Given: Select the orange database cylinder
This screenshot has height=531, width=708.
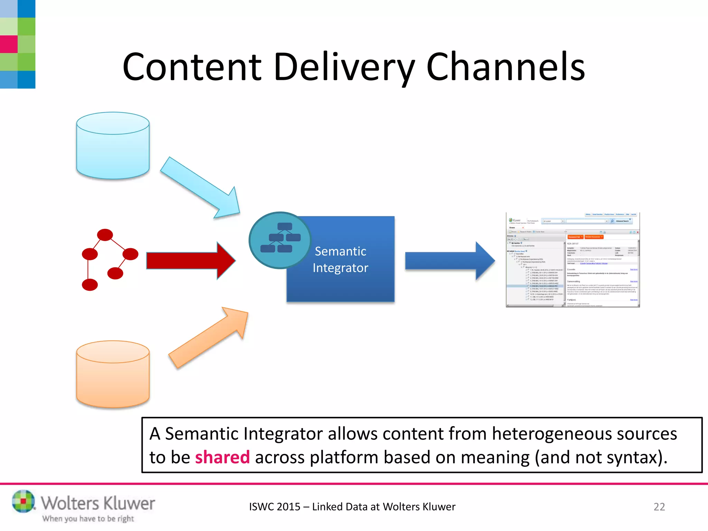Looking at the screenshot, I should pos(113,375).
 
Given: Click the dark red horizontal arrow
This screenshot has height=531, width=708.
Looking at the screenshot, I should pos(190,261).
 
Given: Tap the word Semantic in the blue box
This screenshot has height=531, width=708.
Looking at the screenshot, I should pos(340,251).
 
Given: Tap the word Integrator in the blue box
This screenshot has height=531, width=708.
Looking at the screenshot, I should pos(340,268).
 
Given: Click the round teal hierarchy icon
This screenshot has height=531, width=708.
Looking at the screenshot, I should pos(280,240).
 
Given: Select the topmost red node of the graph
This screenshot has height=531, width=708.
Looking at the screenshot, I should pos(105,235).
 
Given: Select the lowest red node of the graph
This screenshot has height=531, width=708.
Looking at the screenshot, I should pos(90,285).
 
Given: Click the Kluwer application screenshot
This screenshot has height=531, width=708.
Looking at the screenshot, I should pos(572,260).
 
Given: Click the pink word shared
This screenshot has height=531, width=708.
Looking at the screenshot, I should pos(222,457).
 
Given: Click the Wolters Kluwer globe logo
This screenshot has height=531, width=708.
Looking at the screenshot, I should pos(23,501).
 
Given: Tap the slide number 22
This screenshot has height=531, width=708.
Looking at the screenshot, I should pos(659,507).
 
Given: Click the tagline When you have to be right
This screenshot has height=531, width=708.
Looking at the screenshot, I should pos(88,519).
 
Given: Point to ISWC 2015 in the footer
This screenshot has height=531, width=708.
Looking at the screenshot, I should pos(274,507).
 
